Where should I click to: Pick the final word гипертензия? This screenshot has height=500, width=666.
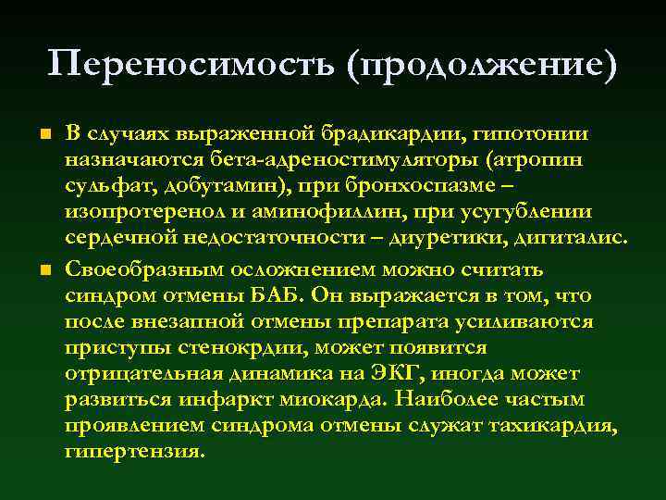point(134,451)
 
